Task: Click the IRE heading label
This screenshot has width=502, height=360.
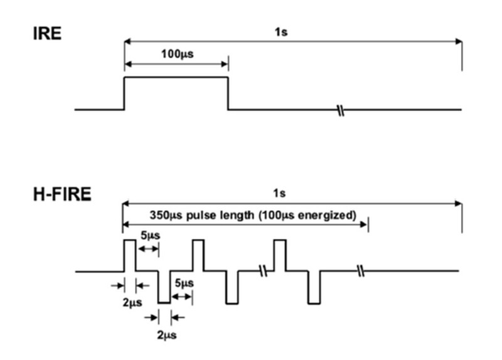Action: click(47, 34)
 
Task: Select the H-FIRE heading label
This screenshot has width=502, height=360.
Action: click(62, 194)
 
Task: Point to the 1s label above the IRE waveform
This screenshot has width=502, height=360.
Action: click(280, 31)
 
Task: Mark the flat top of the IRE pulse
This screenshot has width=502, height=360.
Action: click(176, 77)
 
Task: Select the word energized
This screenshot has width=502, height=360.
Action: click(330, 214)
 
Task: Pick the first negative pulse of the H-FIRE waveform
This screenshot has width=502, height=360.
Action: click(164, 288)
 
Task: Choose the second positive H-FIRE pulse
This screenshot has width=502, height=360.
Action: click(198, 254)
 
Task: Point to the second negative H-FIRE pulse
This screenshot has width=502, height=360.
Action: click(232, 288)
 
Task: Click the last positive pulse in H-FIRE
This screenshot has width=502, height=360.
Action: click(280, 254)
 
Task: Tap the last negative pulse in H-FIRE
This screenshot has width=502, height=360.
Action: click(314, 288)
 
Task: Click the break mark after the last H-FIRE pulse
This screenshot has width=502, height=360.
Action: click(360, 272)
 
